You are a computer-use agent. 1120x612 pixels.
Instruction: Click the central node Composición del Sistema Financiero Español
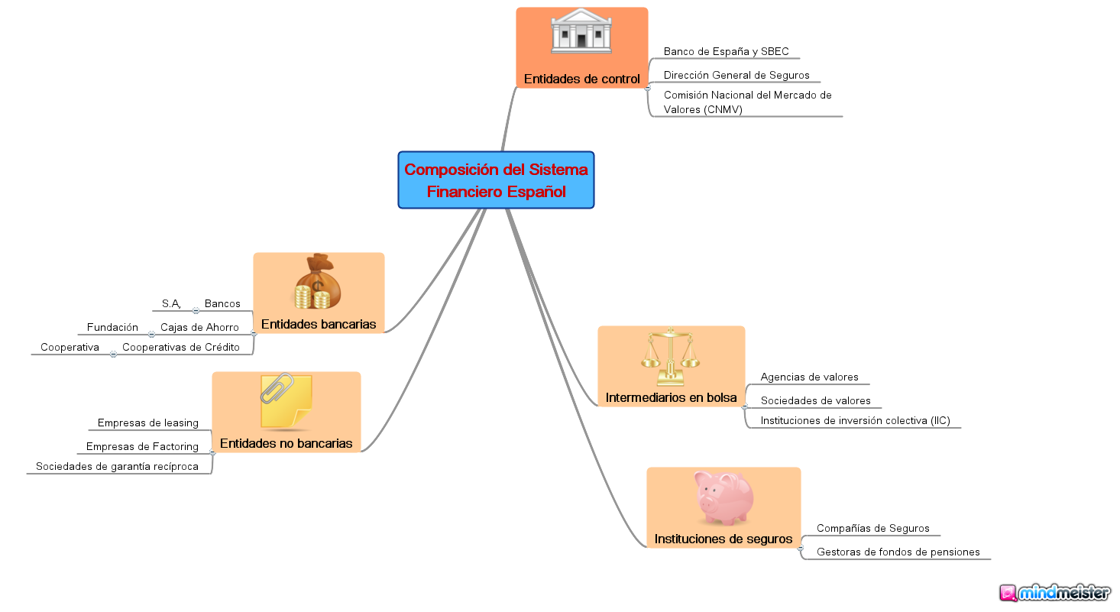point(496,180)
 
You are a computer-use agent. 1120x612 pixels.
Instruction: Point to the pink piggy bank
point(723,497)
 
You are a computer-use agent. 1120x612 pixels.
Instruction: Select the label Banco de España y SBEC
point(726,52)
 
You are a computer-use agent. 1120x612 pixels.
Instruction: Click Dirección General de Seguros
point(736,75)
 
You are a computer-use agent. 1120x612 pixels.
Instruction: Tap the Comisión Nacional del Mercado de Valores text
point(747,102)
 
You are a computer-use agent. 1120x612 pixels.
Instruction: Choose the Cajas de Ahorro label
point(199,328)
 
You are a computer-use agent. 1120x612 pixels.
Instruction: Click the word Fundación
point(112,328)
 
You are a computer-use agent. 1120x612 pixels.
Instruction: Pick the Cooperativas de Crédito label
point(181,348)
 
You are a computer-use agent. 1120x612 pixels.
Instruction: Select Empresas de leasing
point(147,423)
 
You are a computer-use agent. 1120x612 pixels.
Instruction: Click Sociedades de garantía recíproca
point(117,467)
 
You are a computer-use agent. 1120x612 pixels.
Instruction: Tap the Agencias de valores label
point(809,377)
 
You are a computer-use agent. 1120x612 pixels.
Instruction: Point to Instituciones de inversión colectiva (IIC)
point(855,421)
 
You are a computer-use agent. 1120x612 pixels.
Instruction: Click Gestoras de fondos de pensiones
point(898,552)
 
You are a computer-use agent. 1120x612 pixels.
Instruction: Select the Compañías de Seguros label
point(872,529)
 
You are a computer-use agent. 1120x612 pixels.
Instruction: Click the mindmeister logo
point(1054,593)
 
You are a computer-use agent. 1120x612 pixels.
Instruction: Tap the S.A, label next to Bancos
point(171,304)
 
